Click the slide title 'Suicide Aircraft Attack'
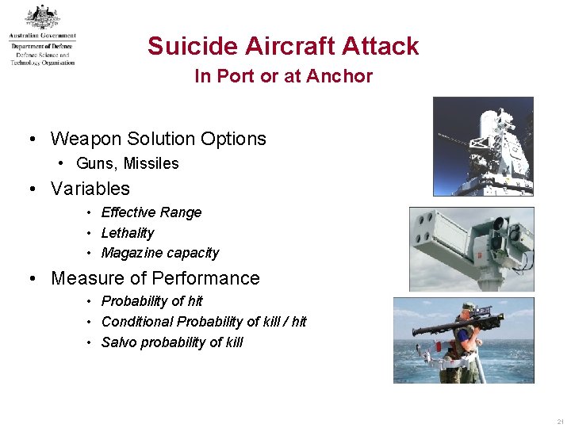(283, 46)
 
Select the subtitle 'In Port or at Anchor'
(283, 77)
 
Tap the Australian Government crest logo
(41, 17)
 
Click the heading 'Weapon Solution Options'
(158, 139)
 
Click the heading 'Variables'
(90, 189)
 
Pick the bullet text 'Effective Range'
(151, 212)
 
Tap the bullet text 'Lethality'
(127, 233)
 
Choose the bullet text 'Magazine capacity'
(159, 253)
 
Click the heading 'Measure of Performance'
(155, 278)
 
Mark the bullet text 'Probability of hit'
(151, 301)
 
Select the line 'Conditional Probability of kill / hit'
(203, 322)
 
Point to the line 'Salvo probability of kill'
(171, 342)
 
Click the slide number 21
(560, 422)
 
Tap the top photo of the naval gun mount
(482, 146)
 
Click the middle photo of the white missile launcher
(471, 249)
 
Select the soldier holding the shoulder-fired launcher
(466, 342)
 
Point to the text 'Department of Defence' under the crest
(41, 47)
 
